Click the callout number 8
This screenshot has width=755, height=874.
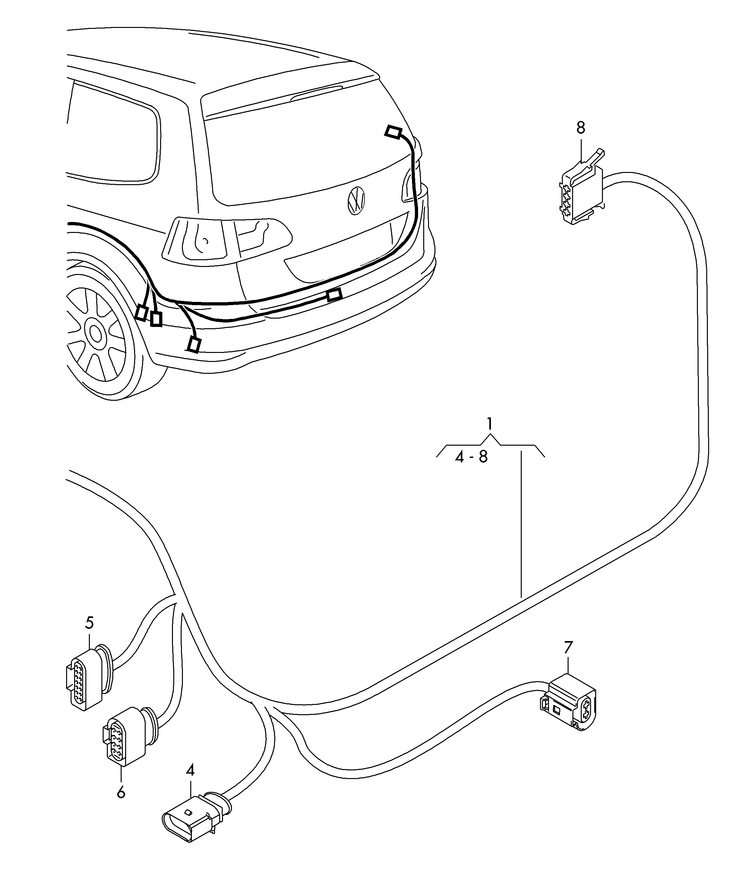tap(581, 128)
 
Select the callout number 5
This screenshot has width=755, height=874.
tap(90, 622)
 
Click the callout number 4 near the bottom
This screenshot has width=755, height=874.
tap(190, 771)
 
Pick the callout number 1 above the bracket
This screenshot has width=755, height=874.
tap(490, 424)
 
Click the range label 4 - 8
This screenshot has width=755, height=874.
tap(471, 457)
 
